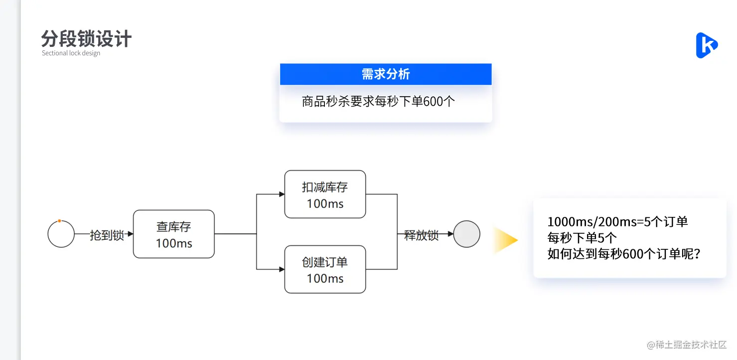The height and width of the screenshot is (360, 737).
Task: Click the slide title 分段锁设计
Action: pyautogui.click(x=86, y=39)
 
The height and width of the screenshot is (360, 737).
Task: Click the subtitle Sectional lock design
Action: pyautogui.click(x=71, y=53)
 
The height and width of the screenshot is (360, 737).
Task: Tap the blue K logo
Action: pyautogui.click(x=706, y=45)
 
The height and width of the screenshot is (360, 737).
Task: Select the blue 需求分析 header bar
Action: pyautogui.click(x=385, y=74)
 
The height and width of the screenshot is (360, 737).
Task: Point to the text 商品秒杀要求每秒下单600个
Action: pyautogui.click(x=378, y=102)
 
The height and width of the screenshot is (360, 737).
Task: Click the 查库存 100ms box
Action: pyautogui.click(x=173, y=234)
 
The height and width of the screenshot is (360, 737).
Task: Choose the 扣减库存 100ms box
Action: pyautogui.click(x=325, y=194)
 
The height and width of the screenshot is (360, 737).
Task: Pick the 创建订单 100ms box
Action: pyautogui.click(x=325, y=269)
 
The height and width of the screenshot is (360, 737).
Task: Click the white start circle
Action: pyautogui.click(x=61, y=234)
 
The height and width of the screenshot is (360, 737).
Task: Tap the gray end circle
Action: pyautogui.click(x=466, y=234)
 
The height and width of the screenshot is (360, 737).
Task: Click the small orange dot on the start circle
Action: pyautogui.click(x=59, y=221)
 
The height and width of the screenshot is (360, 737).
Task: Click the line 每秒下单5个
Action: pyautogui.click(x=582, y=238)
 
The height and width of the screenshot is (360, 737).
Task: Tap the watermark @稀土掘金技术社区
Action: pyautogui.click(x=687, y=345)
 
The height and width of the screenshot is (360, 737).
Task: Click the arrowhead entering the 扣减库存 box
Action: pyautogui.click(x=282, y=194)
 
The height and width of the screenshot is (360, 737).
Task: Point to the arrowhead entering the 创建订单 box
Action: pyautogui.click(x=282, y=269)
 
